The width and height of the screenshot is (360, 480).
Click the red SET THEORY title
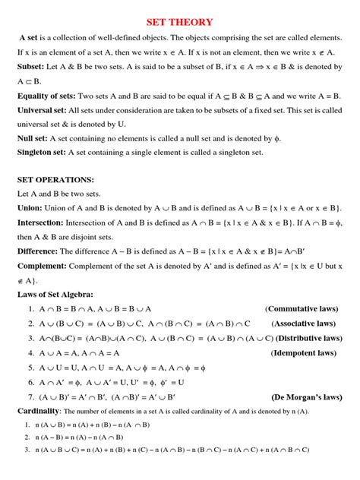179,22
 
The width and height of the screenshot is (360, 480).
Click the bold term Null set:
35,139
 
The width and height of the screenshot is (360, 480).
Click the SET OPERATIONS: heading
55,180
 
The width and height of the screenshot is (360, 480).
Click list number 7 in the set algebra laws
30,396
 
